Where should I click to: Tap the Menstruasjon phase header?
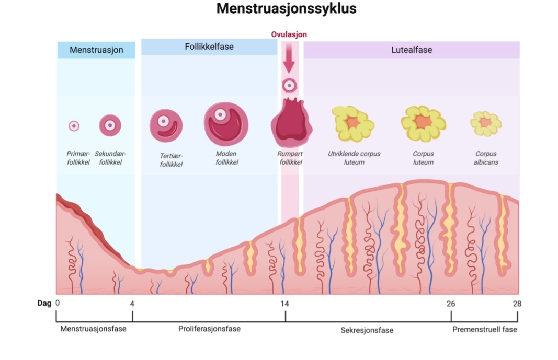point(96,50)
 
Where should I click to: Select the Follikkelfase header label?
point(209,47)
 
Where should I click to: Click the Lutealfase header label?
point(412,50)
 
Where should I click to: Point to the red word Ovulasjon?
point(289,34)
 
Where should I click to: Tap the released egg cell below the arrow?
point(289,85)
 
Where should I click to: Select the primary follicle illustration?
point(74,126)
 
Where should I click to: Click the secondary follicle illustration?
point(110,125)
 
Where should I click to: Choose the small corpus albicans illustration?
point(486,123)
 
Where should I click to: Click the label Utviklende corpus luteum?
point(354,158)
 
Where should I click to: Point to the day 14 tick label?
point(284,304)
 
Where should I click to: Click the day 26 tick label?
point(451,304)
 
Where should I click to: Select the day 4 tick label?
point(132,304)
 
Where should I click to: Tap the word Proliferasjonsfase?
point(209,329)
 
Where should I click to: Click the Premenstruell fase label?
point(484,329)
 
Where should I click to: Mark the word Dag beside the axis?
point(44,303)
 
